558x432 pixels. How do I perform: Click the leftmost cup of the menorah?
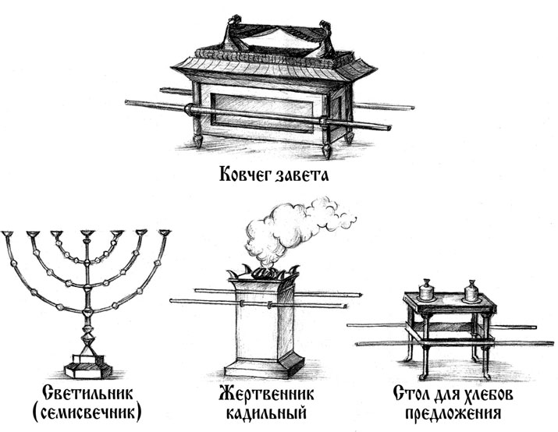[x=8, y=234]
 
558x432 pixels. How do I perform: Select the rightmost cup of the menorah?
[x=165, y=233]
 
